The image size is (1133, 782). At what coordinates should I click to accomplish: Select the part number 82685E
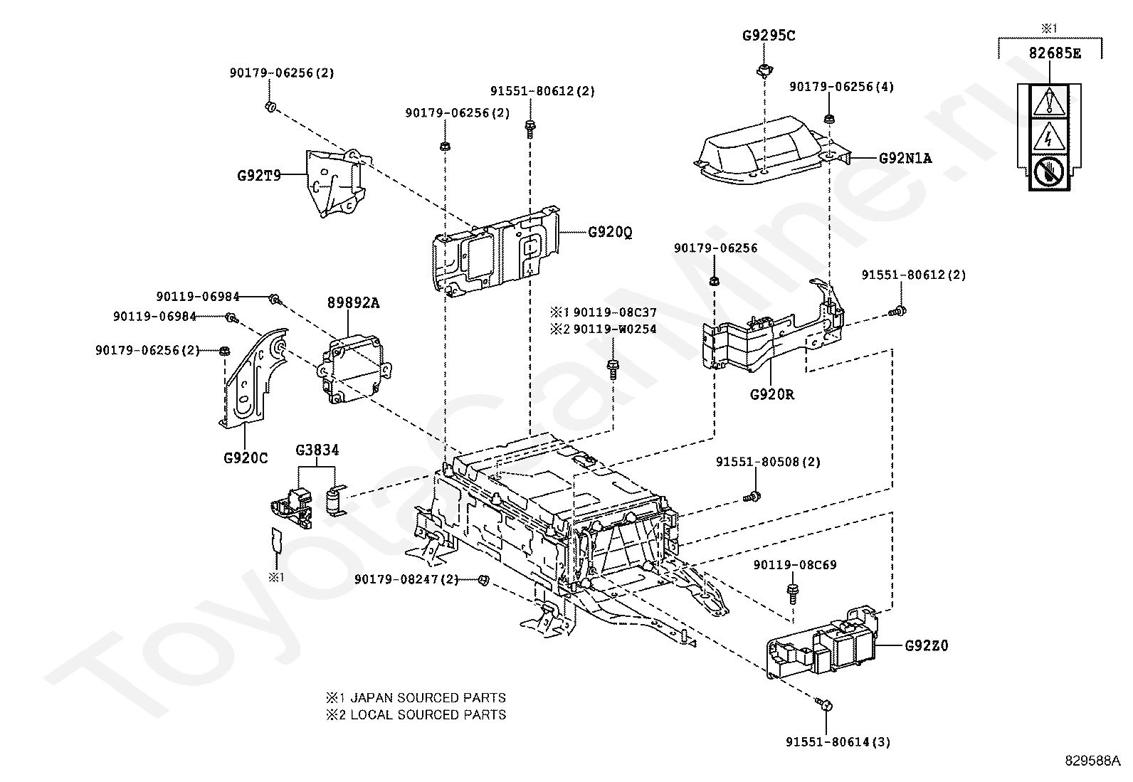coord(1054,53)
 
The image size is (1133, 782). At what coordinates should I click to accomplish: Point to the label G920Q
coord(610,232)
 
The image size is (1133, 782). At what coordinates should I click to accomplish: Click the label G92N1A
coord(905,158)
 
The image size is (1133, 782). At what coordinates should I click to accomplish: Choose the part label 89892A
coord(353,302)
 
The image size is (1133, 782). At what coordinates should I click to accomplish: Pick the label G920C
coord(246,458)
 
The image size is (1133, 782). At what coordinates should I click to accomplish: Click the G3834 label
coord(317,450)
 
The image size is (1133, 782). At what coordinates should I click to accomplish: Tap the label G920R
coord(771,393)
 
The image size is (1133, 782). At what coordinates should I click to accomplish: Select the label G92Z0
coord(927,646)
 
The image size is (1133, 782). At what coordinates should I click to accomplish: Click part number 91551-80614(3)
coord(838,742)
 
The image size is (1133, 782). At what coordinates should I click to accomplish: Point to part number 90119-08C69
coord(795,565)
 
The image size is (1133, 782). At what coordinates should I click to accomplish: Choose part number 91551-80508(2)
coord(768,462)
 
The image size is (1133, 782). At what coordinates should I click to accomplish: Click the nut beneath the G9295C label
coord(764,69)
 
